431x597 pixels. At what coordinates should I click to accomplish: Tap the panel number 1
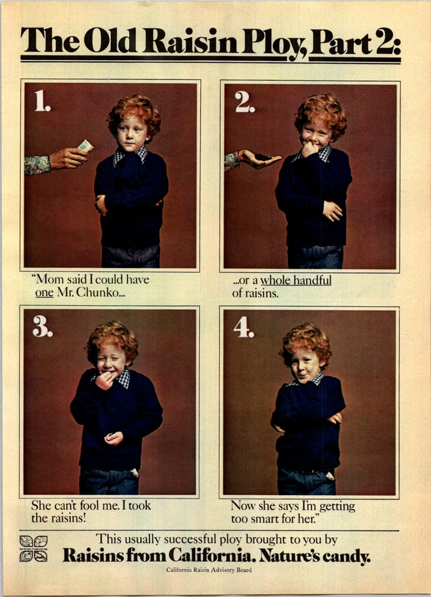tap(42, 101)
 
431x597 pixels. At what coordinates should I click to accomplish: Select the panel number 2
tap(244, 101)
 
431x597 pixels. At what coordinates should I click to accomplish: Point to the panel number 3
tap(42, 326)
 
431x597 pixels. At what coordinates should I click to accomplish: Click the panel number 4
tap(243, 327)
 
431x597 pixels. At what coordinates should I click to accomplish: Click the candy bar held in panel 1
tap(85, 146)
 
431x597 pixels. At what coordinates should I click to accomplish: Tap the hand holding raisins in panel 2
tap(258, 159)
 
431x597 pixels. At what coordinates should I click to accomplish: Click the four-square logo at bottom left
tap(34, 548)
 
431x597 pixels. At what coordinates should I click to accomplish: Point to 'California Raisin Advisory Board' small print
tap(209, 570)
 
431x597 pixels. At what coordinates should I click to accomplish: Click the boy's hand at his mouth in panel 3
tap(104, 379)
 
